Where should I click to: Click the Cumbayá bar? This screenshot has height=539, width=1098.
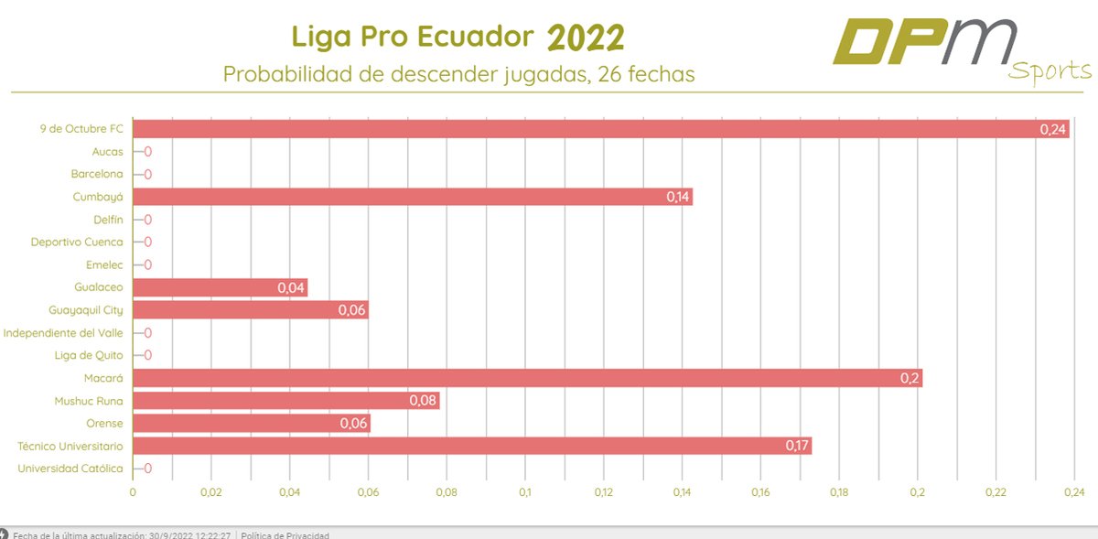coord(412,197)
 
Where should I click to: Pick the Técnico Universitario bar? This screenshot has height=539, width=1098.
coord(471,446)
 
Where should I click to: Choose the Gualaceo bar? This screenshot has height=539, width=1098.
coord(220,287)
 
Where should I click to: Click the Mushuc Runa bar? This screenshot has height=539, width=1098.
coord(285,401)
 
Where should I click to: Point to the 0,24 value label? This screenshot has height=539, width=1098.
coord(1053,130)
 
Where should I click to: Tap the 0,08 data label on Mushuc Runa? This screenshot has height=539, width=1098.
coord(424,401)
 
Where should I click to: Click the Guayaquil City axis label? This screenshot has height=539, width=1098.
coord(86,310)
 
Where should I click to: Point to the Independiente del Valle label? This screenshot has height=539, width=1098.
coord(63,333)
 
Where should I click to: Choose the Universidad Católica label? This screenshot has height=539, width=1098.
coord(70,469)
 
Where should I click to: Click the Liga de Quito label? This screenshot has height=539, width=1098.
coord(90,355)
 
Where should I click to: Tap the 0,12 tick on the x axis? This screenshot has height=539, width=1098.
coord(603,493)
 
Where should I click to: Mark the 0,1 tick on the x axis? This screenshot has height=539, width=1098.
coord(525,493)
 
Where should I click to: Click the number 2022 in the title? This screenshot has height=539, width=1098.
coord(587,38)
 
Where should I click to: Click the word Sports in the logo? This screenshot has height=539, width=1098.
coord(1050,71)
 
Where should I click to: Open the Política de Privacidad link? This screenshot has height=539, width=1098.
coord(285,535)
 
